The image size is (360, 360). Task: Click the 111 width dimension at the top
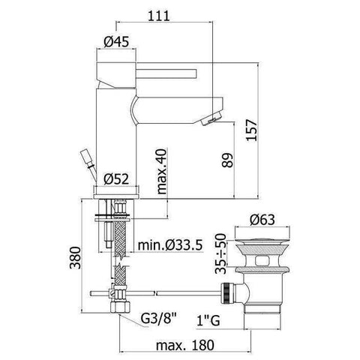(157, 14)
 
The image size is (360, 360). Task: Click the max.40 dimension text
(162, 170)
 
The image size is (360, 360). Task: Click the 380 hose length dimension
(72, 259)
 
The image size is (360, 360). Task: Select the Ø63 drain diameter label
(256, 220)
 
